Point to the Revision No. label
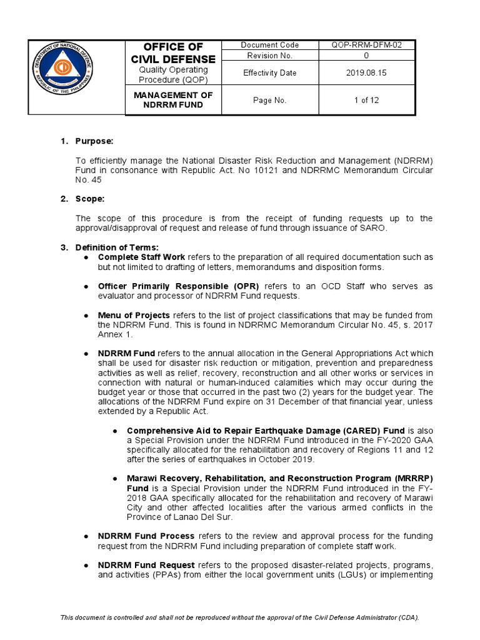pos(269,56)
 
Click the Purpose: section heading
pos(94,141)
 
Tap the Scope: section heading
pos(90,199)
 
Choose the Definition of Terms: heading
pos(117,247)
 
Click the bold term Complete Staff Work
pos(141,257)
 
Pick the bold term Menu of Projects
pos(134,315)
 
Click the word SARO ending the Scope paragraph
pos(372,228)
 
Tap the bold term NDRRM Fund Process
pos(146,536)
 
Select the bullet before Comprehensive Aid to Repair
pos(116,431)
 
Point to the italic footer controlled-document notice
pos(239,617)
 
